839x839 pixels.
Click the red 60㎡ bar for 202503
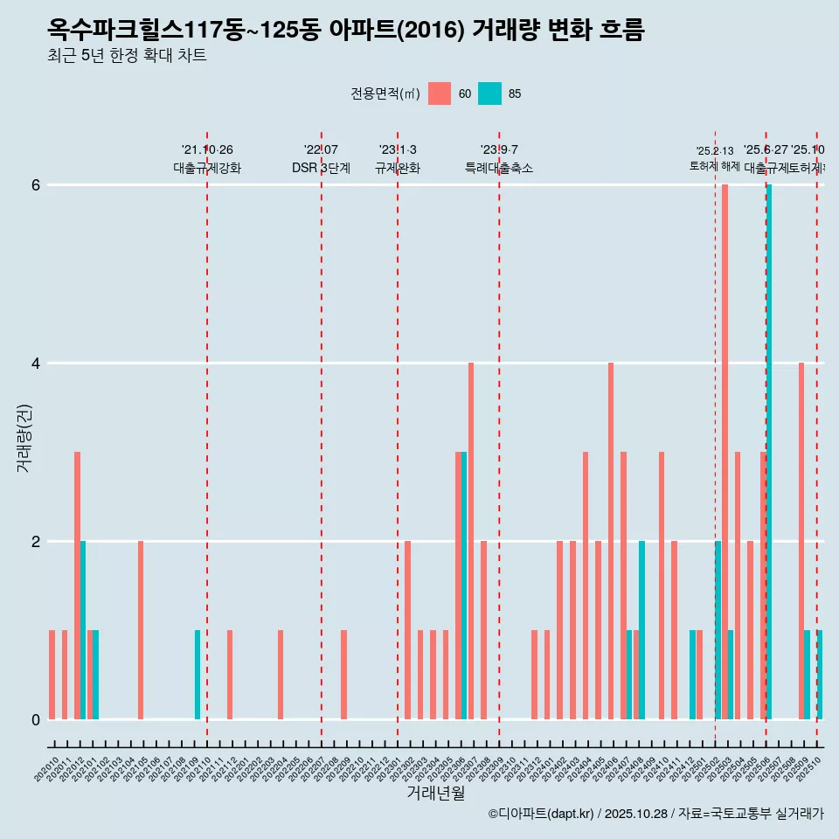click(725, 452)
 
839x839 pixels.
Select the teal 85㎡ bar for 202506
click(769, 452)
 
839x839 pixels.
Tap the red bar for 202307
click(471, 541)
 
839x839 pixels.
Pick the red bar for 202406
click(611, 541)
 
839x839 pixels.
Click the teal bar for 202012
click(83, 630)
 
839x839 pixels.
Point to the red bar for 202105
click(141, 630)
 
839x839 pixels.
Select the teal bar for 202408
click(641, 630)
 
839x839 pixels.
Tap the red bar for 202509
click(801, 541)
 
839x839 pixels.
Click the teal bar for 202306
click(464, 586)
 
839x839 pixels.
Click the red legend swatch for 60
click(440, 94)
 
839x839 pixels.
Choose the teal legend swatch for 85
click(490, 94)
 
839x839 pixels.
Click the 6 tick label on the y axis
click(35, 184)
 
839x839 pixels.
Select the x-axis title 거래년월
click(435, 794)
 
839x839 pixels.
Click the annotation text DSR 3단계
click(321, 168)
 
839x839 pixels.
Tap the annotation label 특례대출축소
click(498, 168)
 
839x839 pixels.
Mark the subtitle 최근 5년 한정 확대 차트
click(127, 56)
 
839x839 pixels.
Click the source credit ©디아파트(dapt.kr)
click(542, 814)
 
